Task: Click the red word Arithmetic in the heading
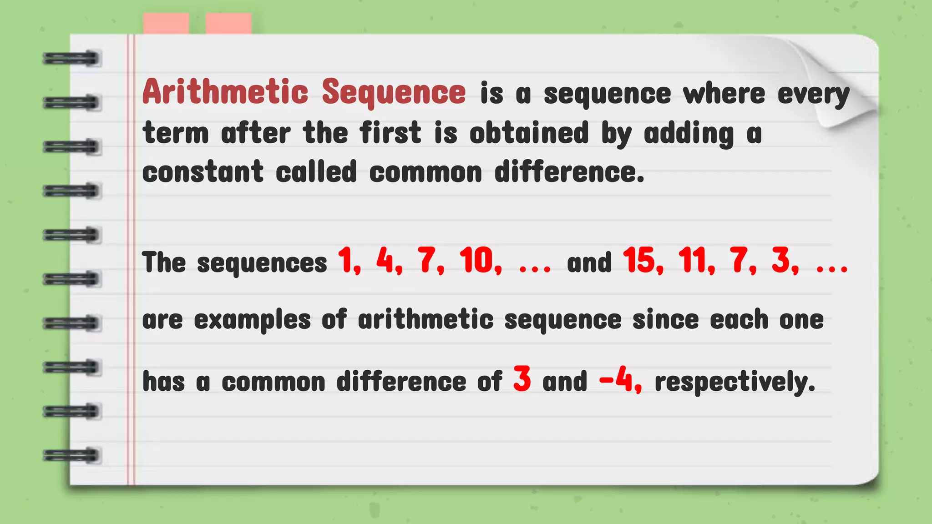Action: [225, 92]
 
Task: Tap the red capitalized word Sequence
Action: [394, 93]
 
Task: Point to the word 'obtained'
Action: [529, 133]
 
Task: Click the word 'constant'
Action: [203, 172]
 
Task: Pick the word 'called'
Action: [316, 172]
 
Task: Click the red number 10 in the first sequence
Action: [479, 261]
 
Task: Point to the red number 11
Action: [694, 261]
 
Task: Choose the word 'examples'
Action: [252, 320]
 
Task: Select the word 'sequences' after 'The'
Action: [262, 263]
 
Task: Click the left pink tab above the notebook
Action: [166, 23]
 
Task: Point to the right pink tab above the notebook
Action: [228, 23]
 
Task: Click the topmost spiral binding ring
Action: [71, 59]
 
